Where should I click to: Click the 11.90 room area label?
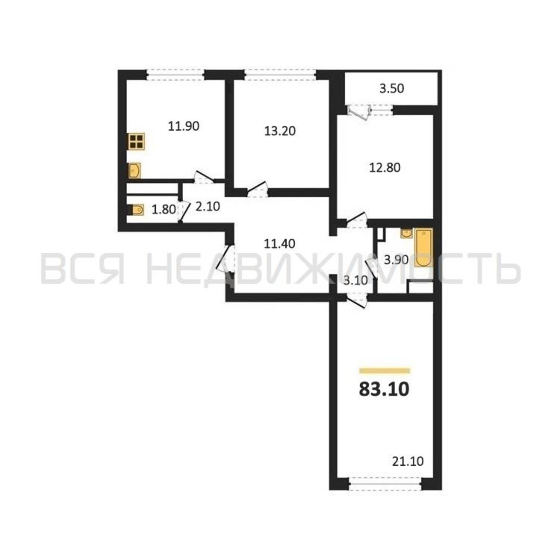(x=184, y=126)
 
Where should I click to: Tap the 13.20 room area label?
(x=280, y=131)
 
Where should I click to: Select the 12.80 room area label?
(x=385, y=168)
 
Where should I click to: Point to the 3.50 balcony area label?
(x=392, y=89)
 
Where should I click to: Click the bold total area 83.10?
(x=384, y=389)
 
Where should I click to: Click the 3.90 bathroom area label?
(x=396, y=260)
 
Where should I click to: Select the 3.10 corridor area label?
(x=355, y=280)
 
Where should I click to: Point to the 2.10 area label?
(x=208, y=207)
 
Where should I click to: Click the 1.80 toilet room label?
(x=164, y=209)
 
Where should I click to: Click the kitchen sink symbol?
(x=134, y=170)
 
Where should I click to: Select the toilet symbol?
(x=136, y=210)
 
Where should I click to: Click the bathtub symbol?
(x=423, y=248)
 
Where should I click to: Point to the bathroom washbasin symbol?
(x=406, y=233)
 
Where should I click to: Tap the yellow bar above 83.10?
(x=384, y=370)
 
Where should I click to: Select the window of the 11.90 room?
(x=175, y=75)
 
